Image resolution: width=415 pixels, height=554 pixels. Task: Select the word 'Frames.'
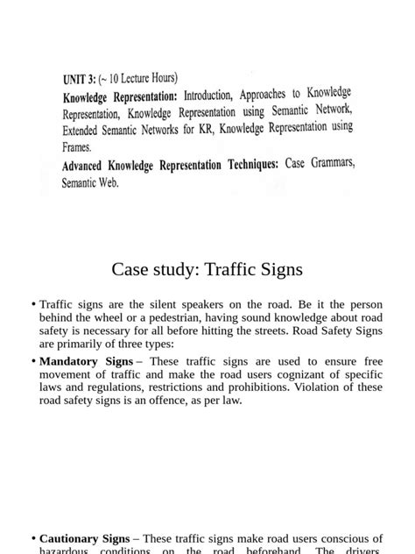pos(77,147)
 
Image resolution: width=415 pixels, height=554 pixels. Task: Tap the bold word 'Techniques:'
pos(247,164)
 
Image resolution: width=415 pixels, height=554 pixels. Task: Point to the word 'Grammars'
pos(333,161)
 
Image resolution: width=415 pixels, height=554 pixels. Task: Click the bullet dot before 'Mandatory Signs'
pos(33,361)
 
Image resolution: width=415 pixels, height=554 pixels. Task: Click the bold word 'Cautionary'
pos(74,538)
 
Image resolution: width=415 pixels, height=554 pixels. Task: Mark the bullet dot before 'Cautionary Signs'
pos(33,538)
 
